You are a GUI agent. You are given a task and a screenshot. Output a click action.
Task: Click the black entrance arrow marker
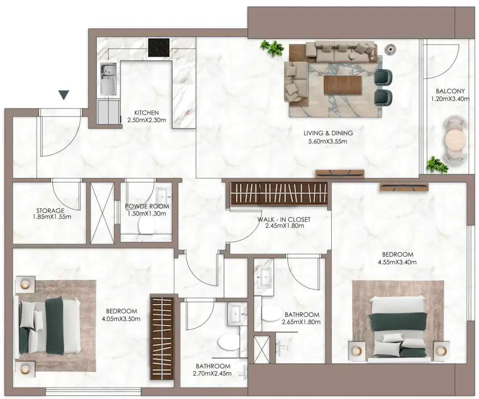click(x=63, y=95)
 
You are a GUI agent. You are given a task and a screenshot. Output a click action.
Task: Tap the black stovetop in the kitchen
click(x=159, y=48)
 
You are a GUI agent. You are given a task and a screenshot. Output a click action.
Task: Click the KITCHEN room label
click(x=146, y=113)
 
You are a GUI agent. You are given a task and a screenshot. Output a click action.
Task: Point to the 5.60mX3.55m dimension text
click(x=327, y=141)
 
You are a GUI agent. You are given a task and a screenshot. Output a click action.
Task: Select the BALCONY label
click(x=450, y=91)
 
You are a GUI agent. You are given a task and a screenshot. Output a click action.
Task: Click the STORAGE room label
click(x=50, y=210)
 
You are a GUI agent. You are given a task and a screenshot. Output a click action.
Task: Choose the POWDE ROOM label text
click(x=147, y=206)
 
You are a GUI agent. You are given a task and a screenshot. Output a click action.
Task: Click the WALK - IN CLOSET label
click(x=284, y=219)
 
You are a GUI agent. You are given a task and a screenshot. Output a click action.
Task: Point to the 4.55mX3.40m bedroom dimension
click(x=397, y=262)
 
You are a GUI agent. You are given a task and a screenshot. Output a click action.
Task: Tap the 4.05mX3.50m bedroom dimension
click(x=121, y=319)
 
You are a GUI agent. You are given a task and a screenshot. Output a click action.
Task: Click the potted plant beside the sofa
click(x=272, y=48)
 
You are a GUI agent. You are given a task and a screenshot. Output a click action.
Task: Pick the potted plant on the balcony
click(x=437, y=165)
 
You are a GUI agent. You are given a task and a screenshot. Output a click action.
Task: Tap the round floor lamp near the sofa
click(x=390, y=49)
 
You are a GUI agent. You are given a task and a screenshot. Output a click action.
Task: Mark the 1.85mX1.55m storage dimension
click(x=52, y=217)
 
